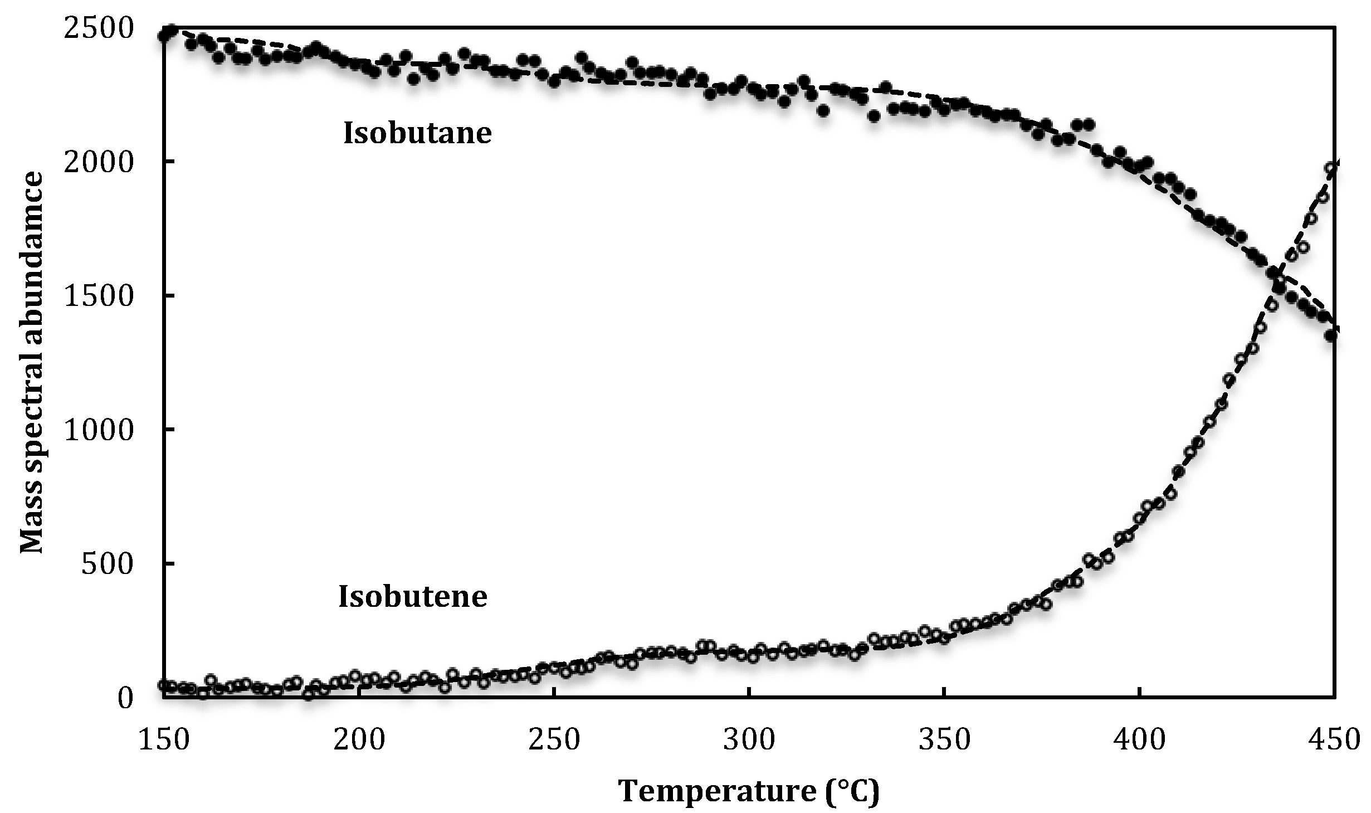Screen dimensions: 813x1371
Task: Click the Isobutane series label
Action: [417, 134]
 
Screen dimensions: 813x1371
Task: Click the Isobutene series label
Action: [413, 596]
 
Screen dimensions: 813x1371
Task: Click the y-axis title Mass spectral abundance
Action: [32, 362]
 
